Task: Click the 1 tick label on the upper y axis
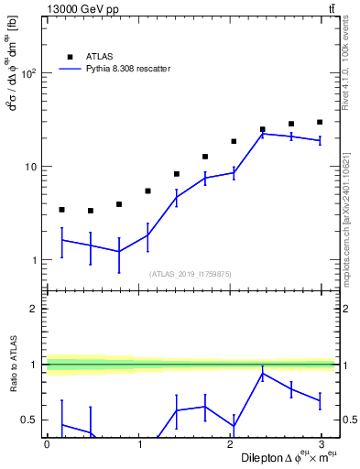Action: (x=33, y=260)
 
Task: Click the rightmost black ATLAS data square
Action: (x=320, y=122)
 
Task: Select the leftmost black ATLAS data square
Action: (x=61, y=210)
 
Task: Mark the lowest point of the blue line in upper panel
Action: (x=119, y=251)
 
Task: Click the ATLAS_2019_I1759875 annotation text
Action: (x=191, y=273)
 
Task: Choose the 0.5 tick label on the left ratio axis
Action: (x=29, y=420)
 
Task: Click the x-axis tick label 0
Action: (x=47, y=443)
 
